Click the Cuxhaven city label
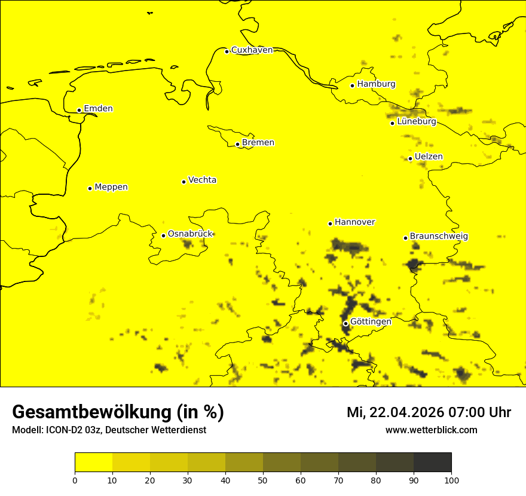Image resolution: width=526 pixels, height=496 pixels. coord(252,50)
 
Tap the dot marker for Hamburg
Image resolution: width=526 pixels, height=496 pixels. coord(353,85)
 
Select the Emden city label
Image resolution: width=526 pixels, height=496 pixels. coord(98,109)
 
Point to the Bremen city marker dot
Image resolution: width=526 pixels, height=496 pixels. coord(237,144)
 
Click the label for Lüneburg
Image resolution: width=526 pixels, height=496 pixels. coord(416,122)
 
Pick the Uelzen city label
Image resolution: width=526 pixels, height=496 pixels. coord(429,157)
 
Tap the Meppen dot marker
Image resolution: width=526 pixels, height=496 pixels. coord(90,188)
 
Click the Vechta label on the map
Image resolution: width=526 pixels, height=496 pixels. coord(202,180)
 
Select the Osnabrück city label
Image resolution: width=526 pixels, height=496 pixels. coord(190,234)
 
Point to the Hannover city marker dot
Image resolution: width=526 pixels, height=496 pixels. coord(330,223)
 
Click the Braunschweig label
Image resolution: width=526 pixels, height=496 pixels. coord(439,237)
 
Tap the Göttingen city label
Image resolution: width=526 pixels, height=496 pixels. coord(371,322)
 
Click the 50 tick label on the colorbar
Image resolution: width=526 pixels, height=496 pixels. coord(263,480)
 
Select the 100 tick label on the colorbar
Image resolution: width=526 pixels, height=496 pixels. coord(451,480)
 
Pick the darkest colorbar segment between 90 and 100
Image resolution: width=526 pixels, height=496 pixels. coord(432,462)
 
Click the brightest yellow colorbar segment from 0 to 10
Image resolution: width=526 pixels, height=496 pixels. coord(94,462)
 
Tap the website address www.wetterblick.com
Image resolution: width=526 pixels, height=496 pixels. coord(431,430)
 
